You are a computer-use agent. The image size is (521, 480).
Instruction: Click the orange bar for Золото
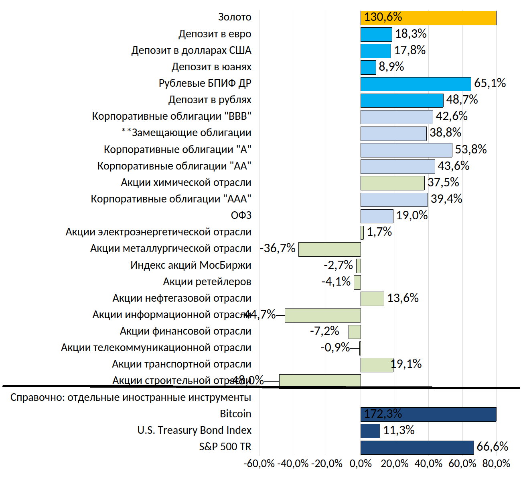click(428, 18)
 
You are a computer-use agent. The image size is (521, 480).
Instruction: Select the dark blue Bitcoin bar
click(428, 415)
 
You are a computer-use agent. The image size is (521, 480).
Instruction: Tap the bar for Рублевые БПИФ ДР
click(416, 84)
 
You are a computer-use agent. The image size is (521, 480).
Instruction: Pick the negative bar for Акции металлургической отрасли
click(329, 249)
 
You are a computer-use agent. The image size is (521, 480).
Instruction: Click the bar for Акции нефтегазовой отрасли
click(372, 299)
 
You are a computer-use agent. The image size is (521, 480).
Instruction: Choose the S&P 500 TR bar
click(417, 447)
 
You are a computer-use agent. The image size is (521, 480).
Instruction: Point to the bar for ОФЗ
click(377, 216)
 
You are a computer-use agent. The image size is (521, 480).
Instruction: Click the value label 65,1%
click(490, 83)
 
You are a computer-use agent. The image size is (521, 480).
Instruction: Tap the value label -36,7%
click(278, 248)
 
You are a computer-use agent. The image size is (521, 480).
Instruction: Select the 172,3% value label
click(383, 414)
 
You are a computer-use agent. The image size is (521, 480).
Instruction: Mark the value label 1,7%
click(379, 232)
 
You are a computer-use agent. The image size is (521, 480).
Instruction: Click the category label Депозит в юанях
click(211, 67)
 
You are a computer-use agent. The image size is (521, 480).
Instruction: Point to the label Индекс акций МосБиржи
click(191, 265)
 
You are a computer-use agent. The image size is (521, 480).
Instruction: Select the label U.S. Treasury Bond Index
click(194, 430)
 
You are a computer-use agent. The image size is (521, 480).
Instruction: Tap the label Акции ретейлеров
click(207, 282)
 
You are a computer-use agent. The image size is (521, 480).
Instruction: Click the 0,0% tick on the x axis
click(361, 464)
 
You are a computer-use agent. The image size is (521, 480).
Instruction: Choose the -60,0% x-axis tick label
click(259, 464)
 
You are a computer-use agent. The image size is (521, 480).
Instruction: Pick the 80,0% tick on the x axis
click(496, 464)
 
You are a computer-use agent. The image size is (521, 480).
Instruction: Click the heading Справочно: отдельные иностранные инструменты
click(131, 397)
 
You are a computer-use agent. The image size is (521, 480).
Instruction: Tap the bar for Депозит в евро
click(376, 35)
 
